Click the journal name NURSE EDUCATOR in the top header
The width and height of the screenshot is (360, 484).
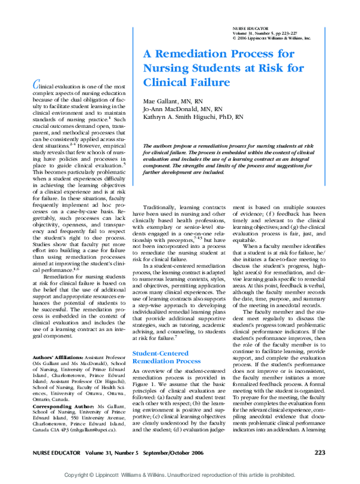click(x=249, y=28)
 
